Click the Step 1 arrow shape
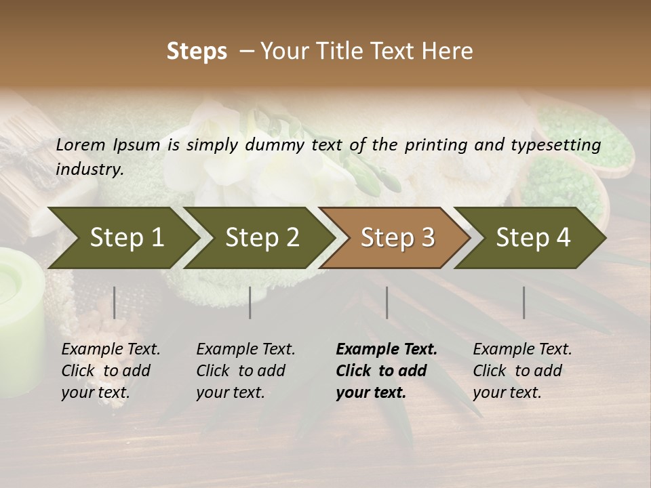coord(122,238)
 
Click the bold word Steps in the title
coord(197,52)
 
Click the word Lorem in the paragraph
coord(81,144)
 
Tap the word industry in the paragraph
coord(89,169)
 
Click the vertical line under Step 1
coord(114,302)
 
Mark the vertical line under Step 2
coord(250,302)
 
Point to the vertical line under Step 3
coord(387,302)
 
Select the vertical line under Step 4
coord(524,302)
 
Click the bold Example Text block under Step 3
coord(386,371)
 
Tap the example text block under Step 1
coord(111,371)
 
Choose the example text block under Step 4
coord(522,371)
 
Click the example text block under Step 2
coord(245,371)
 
